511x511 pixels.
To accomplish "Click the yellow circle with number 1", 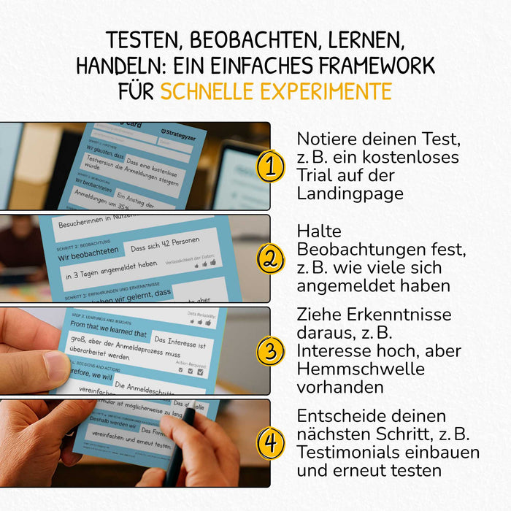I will tap(270, 167).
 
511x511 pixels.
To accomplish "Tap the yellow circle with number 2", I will tap(270, 259).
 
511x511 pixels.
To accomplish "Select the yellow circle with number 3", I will tap(270, 351).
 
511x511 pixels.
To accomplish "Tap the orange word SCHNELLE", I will tap(204, 91).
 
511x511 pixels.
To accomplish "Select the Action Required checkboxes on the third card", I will tap(193, 372).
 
